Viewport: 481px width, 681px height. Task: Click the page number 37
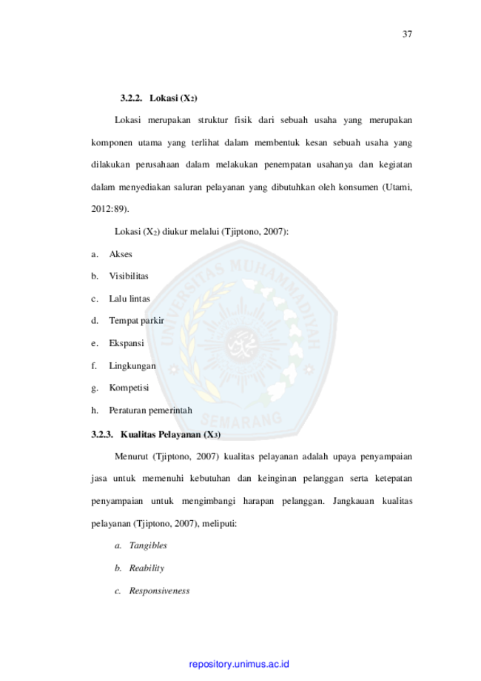[407, 34]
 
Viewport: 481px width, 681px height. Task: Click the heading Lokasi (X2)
[173, 98]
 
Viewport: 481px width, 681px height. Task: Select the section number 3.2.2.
[132, 98]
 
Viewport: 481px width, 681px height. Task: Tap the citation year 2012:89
[109, 209]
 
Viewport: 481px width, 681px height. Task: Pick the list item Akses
[121, 254]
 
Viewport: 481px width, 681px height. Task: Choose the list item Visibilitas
[129, 276]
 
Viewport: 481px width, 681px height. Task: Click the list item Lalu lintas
[129, 299]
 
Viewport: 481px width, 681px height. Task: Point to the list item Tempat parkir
[137, 321]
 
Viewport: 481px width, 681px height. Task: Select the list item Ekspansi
[127, 344]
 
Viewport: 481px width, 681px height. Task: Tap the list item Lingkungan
[132, 366]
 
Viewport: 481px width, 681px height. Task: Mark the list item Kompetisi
[129, 388]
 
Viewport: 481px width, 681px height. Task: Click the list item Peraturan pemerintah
[150, 411]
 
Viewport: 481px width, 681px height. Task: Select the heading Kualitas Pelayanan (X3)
[170, 435]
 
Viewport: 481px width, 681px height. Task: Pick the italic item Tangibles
[148, 545]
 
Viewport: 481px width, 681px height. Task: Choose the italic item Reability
[147, 568]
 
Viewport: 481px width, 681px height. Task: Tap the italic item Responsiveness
[159, 591]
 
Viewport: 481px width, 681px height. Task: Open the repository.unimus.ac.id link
[239, 664]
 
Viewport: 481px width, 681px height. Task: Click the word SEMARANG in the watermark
[241, 419]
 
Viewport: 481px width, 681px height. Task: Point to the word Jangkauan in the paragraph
[353, 501]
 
